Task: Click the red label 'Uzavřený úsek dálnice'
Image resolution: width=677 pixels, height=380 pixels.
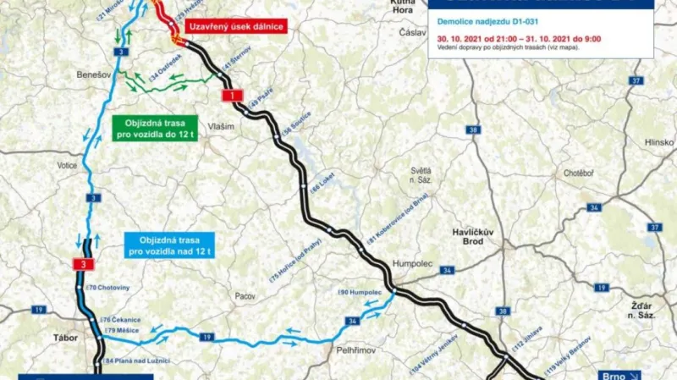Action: pyautogui.click(x=239, y=26)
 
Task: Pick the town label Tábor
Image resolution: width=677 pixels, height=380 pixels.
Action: pyautogui.click(x=64, y=338)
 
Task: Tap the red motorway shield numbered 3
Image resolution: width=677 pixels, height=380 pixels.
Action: pyautogui.click(x=81, y=265)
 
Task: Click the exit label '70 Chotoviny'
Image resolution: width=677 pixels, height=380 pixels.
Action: pyautogui.click(x=109, y=288)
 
